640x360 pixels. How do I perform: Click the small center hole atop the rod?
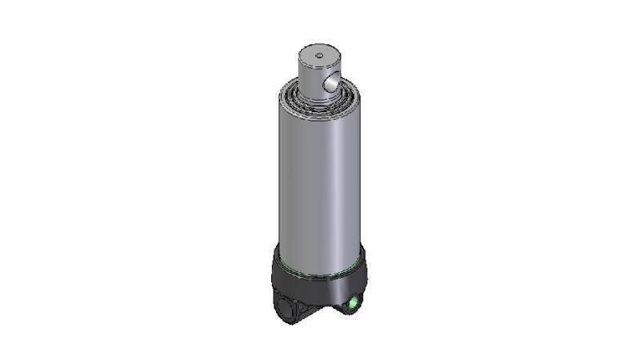[x=318, y=54]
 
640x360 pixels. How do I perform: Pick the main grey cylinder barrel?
[x=320, y=176]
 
